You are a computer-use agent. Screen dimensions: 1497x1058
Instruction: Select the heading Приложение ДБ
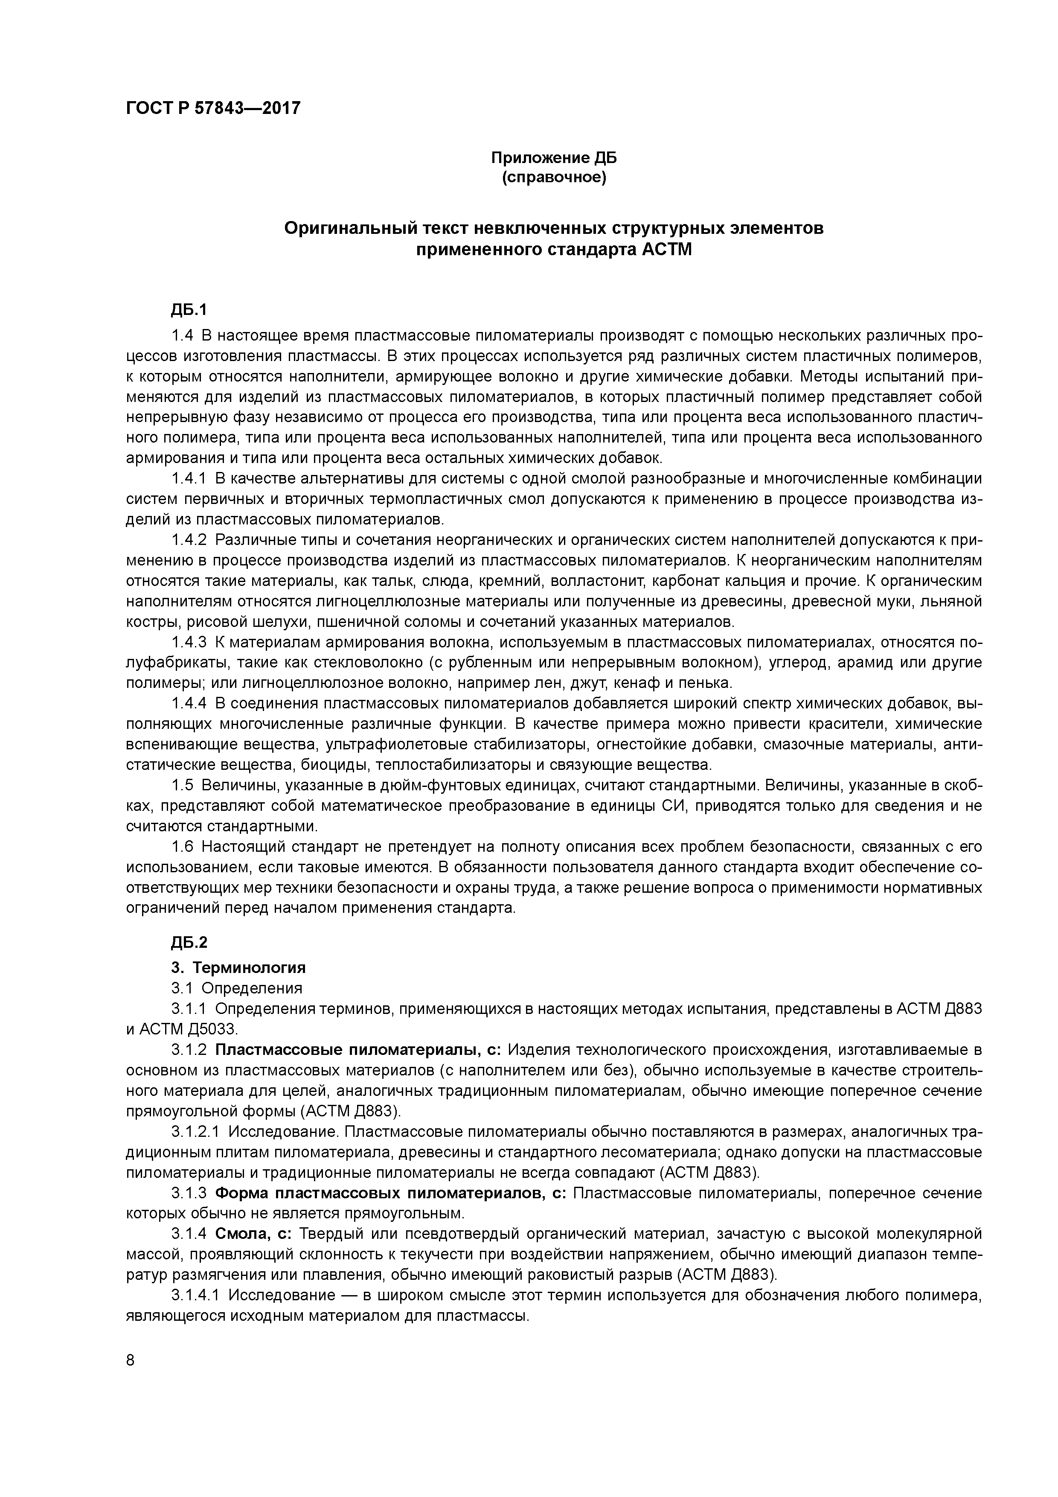point(553,158)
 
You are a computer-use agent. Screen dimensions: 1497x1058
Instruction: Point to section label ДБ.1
point(189,310)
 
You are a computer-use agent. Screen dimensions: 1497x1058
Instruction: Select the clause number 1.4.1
point(189,478)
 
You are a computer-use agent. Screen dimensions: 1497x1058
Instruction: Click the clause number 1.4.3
point(189,642)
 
